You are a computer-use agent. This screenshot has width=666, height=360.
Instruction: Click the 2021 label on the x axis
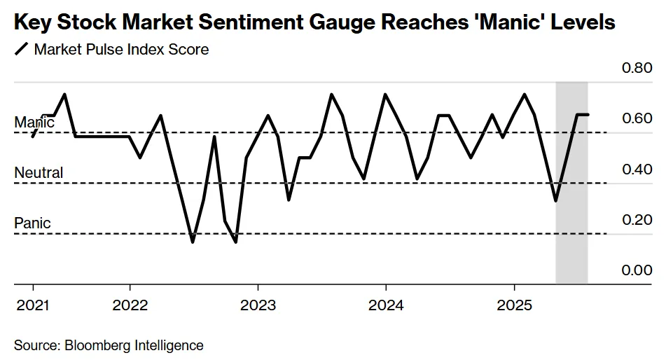[33, 305]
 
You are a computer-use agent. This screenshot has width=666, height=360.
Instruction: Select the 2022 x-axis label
[130, 305]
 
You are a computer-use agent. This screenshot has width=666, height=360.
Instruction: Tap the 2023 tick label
[258, 305]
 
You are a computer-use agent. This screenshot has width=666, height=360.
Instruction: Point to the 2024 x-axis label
[386, 305]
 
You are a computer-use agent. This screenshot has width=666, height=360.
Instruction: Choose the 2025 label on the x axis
[514, 305]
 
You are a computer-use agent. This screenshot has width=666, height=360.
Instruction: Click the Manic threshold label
[34, 123]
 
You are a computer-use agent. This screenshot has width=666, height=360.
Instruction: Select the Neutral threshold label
[39, 173]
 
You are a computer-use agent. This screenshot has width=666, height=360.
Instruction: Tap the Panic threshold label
[32, 223]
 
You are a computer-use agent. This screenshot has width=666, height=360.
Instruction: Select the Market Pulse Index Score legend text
[121, 50]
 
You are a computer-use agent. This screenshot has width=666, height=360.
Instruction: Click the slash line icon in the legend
[22, 50]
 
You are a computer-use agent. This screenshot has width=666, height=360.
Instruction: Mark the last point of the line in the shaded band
[588, 114]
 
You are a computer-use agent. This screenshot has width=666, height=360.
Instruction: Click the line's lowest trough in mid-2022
[193, 242]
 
